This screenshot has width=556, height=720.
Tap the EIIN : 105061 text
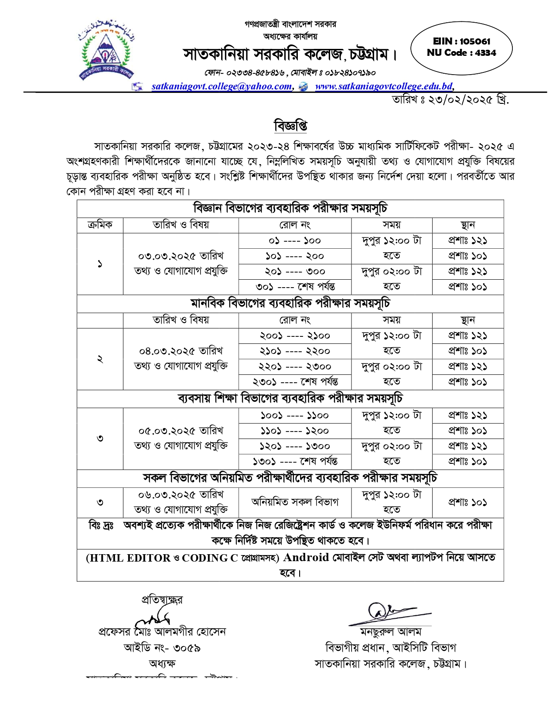[x=461, y=41]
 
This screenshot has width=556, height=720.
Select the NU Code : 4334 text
[x=461, y=53]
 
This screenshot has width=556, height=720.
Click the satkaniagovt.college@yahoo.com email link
[x=222, y=86]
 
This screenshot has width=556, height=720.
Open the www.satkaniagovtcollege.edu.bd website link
[x=384, y=86]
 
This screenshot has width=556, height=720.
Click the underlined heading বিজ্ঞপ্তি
[x=290, y=126]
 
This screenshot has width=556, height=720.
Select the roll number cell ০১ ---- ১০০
[x=295, y=240]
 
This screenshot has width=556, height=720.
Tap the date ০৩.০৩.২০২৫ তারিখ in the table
[x=181, y=256]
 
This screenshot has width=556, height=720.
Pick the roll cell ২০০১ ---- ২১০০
[x=295, y=336]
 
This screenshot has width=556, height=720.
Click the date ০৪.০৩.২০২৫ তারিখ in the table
[x=181, y=351]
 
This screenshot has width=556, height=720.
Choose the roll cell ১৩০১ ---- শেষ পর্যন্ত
[x=295, y=461]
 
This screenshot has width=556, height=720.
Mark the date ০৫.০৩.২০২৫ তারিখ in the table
[x=181, y=431]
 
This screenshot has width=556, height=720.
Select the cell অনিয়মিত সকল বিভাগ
[x=295, y=502]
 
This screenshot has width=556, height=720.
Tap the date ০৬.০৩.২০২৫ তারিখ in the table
[x=181, y=495]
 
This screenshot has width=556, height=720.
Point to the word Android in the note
[x=306, y=558]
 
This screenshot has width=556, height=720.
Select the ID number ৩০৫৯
[x=187, y=648]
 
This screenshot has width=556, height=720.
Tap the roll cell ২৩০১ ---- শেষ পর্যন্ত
[x=295, y=382]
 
